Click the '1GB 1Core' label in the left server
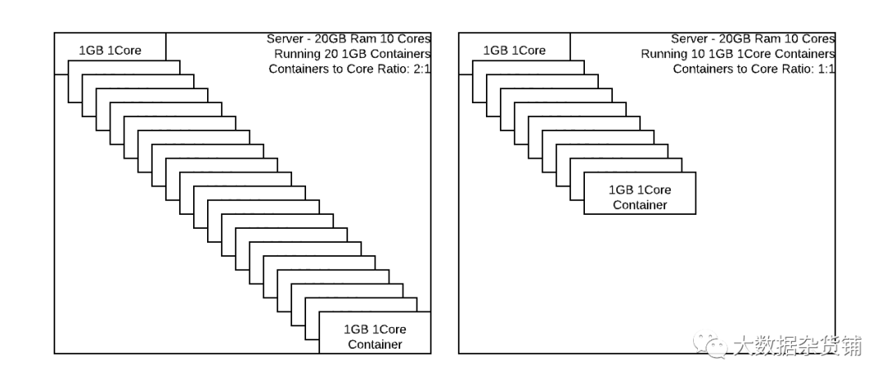[x=110, y=50]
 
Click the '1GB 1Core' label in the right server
[x=514, y=50]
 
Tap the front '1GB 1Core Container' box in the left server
[x=375, y=335]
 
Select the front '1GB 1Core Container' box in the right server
[x=639, y=197]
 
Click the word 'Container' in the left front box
[x=375, y=344]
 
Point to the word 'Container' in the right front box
[x=639, y=205]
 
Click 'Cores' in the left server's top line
[x=412, y=39]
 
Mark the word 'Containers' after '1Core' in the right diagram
[x=805, y=54]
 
